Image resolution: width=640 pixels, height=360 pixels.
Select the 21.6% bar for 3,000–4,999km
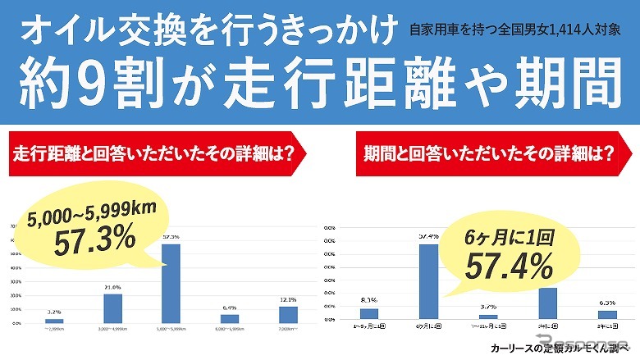pyautogui.click(x=112, y=308)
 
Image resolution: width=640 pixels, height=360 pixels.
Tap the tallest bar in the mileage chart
pyautogui.click(x=171, y=284)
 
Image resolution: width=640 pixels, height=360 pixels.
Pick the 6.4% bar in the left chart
pyautogui.click(x=230, y=318)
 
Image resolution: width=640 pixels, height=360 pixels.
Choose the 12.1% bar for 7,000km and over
pyautogui.click(x=288, y=314)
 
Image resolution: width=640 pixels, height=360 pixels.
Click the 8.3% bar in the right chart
pyautogui.click(x=369, y=313)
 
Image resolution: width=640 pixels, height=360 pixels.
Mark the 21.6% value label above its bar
pyautogui.click(x=112, y=286)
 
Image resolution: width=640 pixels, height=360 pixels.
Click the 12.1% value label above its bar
pyautogui.click(x=288, y=299)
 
